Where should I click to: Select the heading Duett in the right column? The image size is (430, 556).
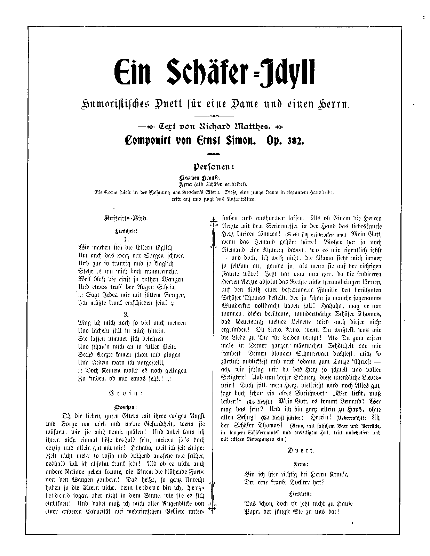coord(301,450)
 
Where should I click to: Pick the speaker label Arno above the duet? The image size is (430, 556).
coord(301,464)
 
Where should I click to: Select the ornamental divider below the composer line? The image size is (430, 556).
coord(214,154)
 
